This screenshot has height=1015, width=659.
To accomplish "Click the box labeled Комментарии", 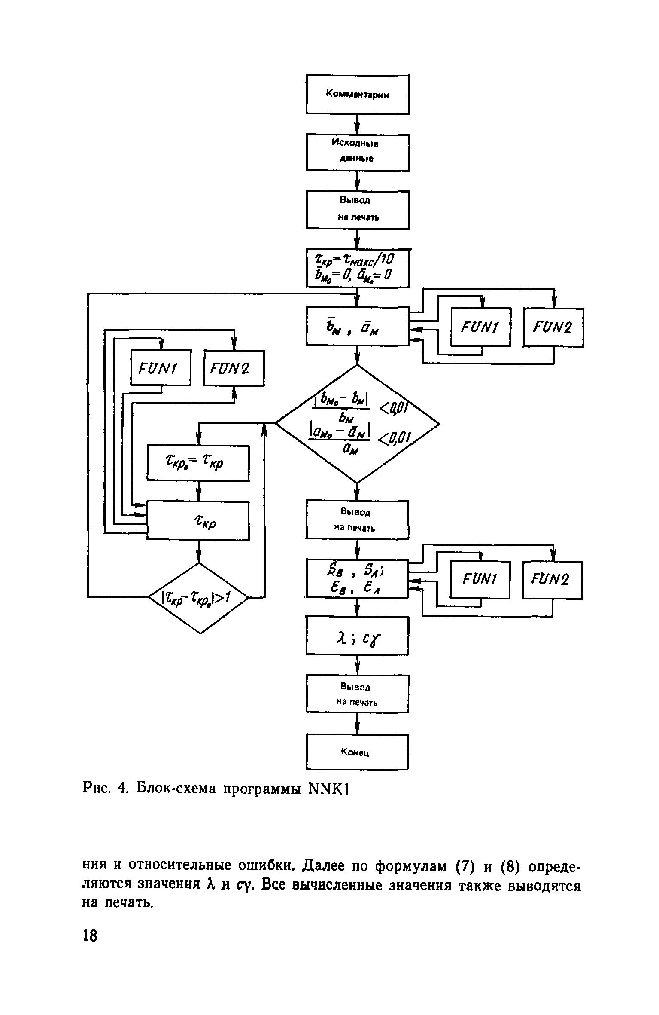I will click(x=357, y=94).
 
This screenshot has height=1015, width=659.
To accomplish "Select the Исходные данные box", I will click(x=357, y=152).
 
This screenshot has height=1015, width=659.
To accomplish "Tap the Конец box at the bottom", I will click(x=357, y=752).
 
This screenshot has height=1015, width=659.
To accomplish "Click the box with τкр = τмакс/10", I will click(x=357, y=268).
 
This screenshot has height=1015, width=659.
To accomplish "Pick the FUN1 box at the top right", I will click(x=480, y=327).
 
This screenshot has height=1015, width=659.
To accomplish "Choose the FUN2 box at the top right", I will click(x=553, y=327).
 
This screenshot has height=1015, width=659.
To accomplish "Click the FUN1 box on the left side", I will click(x=161, y=368).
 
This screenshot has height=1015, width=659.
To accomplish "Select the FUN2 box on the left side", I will click(x=234, y=368).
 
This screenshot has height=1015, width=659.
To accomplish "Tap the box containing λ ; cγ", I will click(x=357, y=636).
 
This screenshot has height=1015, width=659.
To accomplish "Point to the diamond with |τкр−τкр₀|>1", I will click(x=198, y=597).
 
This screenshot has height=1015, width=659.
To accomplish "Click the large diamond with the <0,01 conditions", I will click(x=357, y=424).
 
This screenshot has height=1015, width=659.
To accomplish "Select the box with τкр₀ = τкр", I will click(x=198, y=463).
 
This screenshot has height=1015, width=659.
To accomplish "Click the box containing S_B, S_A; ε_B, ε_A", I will click(x=357, y=578).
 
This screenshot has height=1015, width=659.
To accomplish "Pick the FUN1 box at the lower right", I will click(x=480, y=580).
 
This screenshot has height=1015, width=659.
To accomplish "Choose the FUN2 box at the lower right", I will click(x=553, y=580).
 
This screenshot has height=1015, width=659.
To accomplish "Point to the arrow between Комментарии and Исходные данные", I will click(x=357, y=124).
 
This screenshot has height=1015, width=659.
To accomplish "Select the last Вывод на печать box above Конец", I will click(x=357, y=694).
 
